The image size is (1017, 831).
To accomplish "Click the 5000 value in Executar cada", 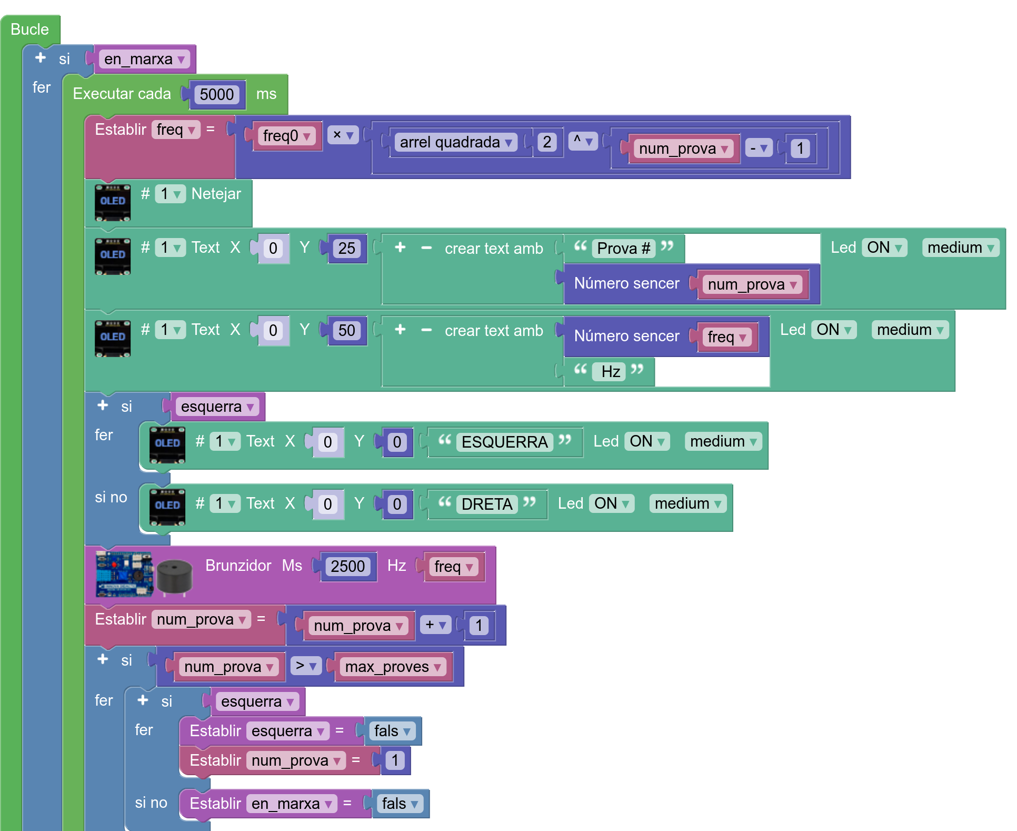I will click(216, 95).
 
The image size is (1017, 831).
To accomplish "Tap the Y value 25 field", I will click(346, 249).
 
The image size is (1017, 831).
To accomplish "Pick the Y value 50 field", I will click(346, 331).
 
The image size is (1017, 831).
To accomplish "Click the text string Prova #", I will click(623, 248).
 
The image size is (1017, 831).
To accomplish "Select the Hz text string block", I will click(610, 372).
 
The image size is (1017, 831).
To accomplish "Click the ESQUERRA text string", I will click(504, 442).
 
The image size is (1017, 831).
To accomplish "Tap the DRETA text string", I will click(486, 504).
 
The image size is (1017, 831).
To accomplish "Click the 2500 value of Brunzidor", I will click(347, 567).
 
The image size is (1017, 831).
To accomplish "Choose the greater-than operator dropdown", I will click(306, 666).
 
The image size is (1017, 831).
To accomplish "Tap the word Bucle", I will click(29, 29).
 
